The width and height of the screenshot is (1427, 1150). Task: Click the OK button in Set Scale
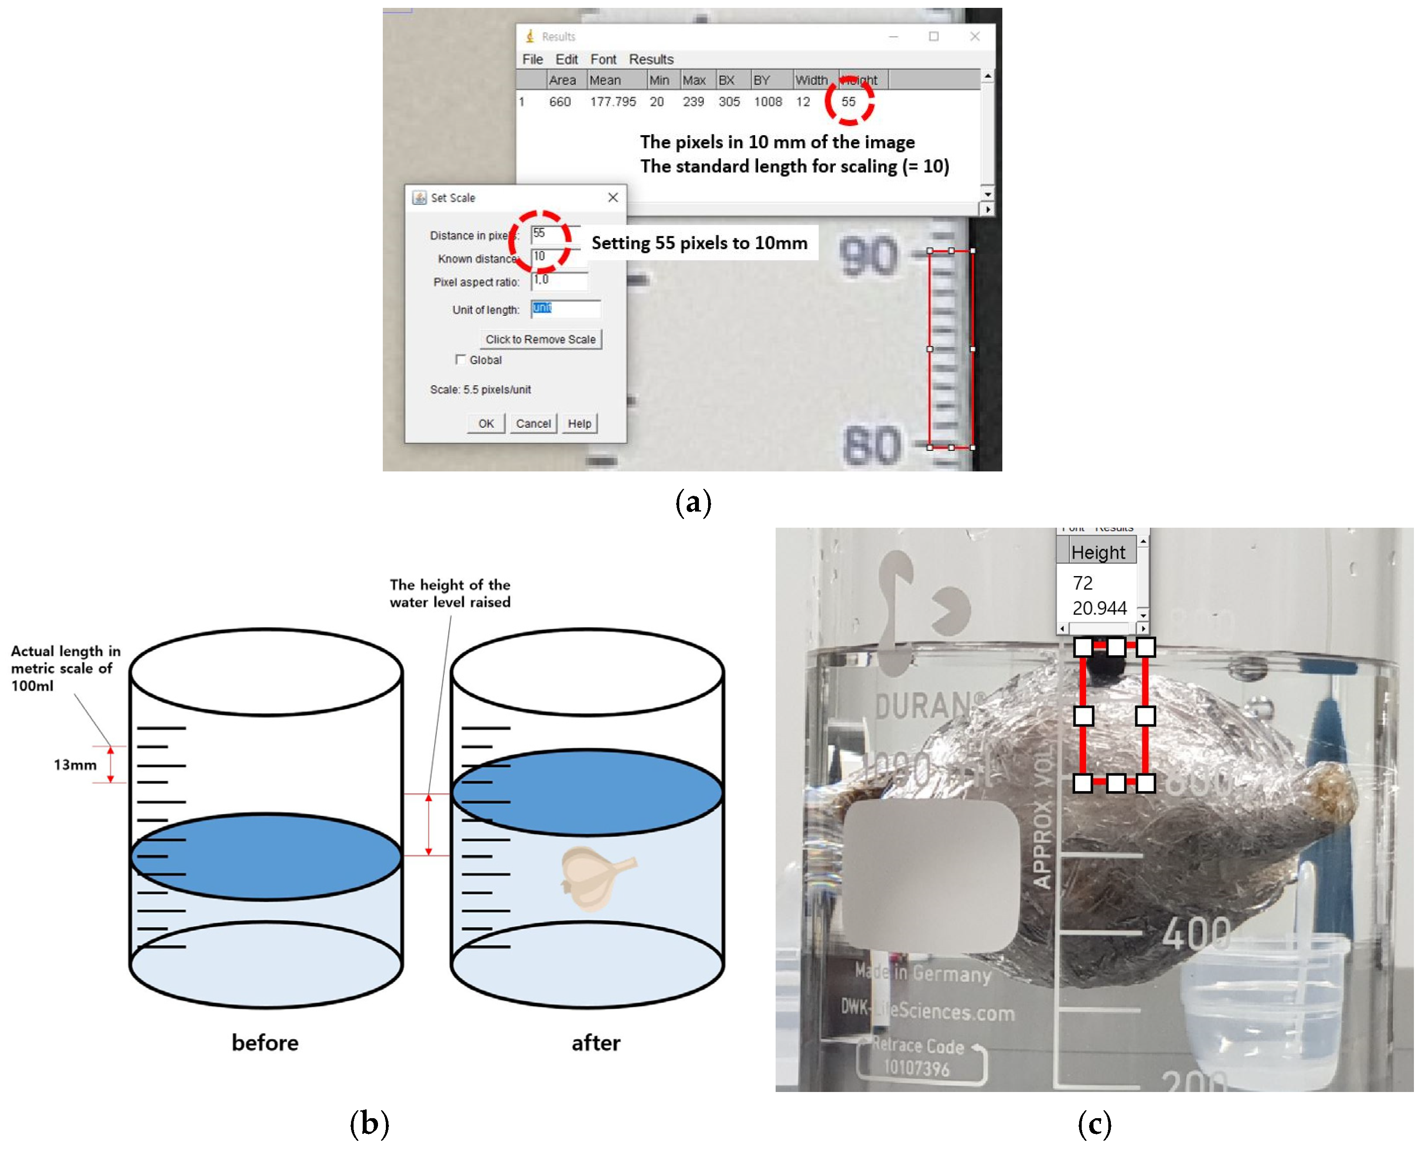click(x=486, y=424)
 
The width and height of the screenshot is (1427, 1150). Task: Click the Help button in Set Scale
click(x=579, y=424)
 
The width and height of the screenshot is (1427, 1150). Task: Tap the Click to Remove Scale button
click(x=540, y=339)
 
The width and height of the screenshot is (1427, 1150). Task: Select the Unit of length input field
click(x=565, y=309)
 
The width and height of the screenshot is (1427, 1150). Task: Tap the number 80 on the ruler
click(x=872, y=445)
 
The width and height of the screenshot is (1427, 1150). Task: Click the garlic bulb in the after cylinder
click(x=596, y=878)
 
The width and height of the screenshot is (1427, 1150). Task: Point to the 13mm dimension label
click(x=75, y=765)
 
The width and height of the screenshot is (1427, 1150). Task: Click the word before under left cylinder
click(x=265, y=1043)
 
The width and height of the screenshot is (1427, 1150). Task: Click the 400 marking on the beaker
click(x=1196, y=934)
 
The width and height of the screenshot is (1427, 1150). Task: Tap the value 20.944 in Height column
click(x=1099, y=608)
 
